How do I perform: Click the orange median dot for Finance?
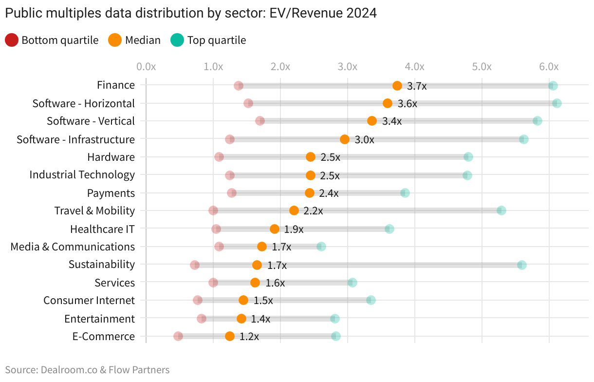coord(397,86)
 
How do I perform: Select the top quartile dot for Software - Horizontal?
coord(557,103)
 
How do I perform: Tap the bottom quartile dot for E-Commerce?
coord(178,336)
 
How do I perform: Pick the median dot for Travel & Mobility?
coord(294,210)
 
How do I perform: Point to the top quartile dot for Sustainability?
coord(522,265)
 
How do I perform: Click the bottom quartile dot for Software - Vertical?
coord(260,121)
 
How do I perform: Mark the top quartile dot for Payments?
coord(405,193)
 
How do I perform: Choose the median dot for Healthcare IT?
coord(275,229)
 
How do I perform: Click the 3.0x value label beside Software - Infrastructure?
coord(364,140)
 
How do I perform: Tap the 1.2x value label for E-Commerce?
coord(249,337)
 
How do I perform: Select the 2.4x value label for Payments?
coord(329,193)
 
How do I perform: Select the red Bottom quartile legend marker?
coord(12,40)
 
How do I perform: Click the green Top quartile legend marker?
coord(177,40)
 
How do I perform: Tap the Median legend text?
coord(143,40)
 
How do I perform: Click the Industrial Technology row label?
coord(82,174)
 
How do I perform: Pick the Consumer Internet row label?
coord(89,300)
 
